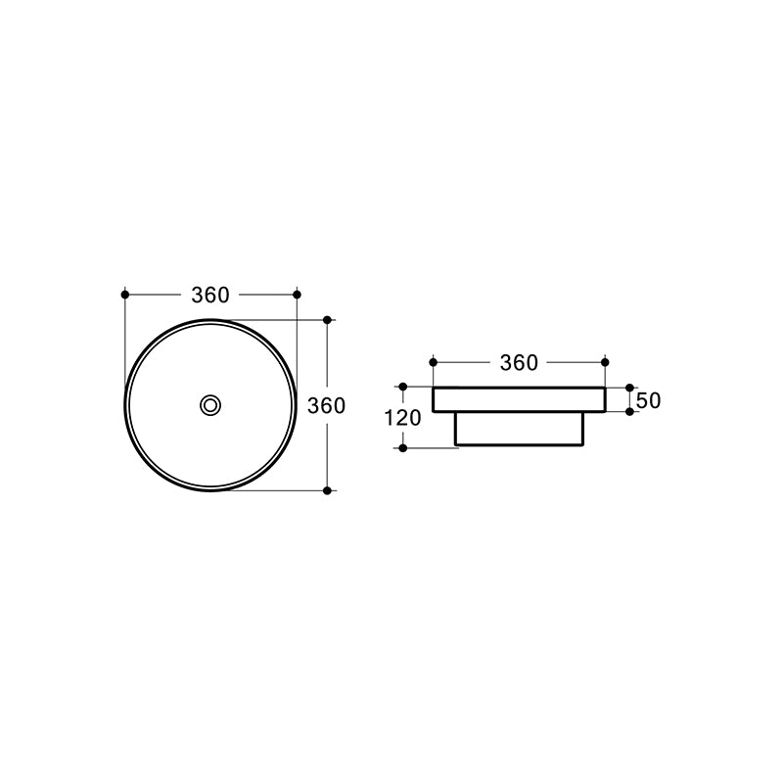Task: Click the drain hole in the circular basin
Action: (210, 404)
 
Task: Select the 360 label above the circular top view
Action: (210, 295)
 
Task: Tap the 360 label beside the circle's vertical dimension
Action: (327, 405)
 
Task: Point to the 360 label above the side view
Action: (519, 363)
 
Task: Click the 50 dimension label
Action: (649, 400)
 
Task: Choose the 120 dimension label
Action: (403, 418)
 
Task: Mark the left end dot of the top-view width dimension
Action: (125, 294)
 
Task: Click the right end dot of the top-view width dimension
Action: (297, 294)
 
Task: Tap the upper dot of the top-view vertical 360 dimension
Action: (327, 319)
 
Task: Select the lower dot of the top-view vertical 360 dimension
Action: (327, 489)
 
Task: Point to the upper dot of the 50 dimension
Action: (629, 388)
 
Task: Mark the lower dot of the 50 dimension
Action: (629, 412)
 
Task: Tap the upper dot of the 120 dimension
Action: (403, 388)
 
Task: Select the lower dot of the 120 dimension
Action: (403, 447)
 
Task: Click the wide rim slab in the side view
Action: (519, 399)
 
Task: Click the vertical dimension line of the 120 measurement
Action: (403, 437)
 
